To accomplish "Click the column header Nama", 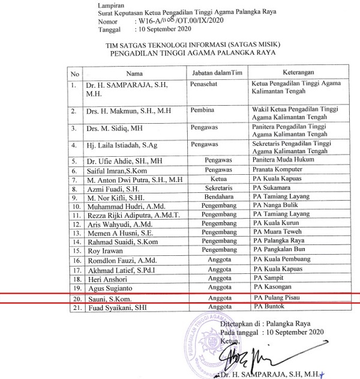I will [x=134, y=73].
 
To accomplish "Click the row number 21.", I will [x=76, y=308].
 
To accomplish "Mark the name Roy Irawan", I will [x=105, y=250].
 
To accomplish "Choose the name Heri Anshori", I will [x=108, y=279].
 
